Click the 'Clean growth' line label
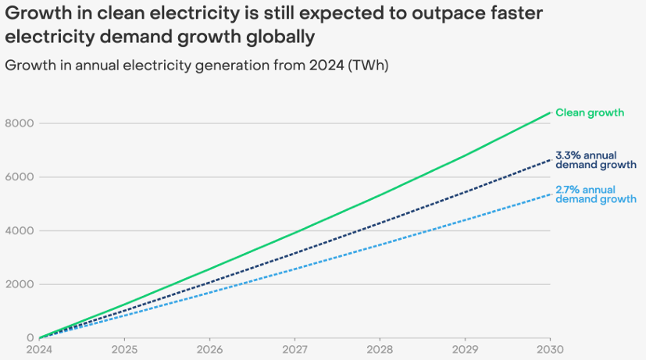tap(590, 112)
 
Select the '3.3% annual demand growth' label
tap(596, 160)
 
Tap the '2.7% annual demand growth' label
tap(596, 194)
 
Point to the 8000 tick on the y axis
tap(20, 123)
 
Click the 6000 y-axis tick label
tap(20, 176)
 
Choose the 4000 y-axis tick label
tap(20, 230)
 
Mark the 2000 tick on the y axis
tap(20, 283)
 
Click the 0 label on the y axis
tap(30, 337)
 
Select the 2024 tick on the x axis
tap(39, 349)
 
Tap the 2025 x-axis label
tap(124, 349)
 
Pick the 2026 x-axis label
tap(209, 349)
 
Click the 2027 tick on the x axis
tap(294, 349)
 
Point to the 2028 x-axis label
tap(380, 349)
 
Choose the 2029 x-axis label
tap(465, 349)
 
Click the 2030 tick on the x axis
tap(550, 349)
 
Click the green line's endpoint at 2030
tap(550, 112)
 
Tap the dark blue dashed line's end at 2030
tap(550, 159)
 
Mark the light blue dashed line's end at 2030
tap(550, 194)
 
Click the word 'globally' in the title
tap(280, 37)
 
